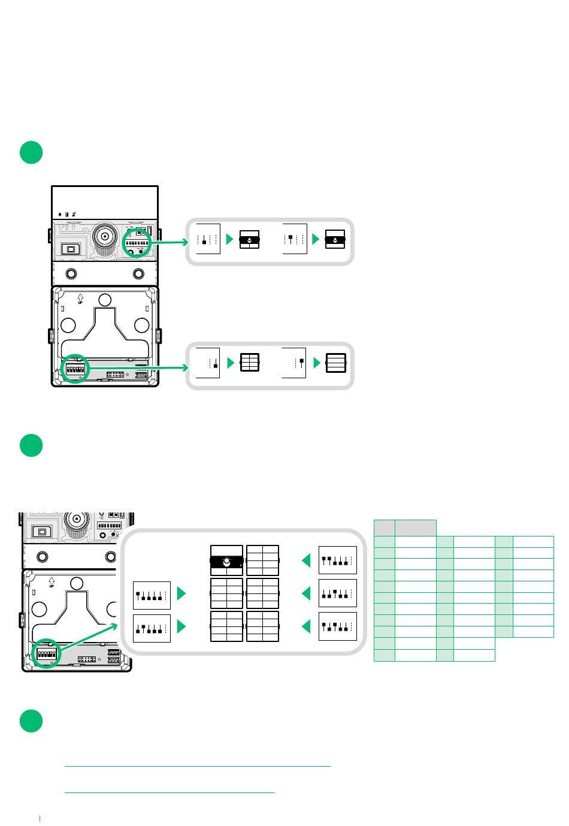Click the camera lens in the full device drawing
(105, 237)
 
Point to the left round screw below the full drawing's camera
(71, 273)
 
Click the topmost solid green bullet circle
(31, 152)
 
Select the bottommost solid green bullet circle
(31, 721)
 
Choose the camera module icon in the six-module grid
(226, 561)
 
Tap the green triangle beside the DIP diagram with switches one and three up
(306, 626)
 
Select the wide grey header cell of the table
(416, 527)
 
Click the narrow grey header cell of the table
(384, 527)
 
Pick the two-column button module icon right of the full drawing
(249, 363)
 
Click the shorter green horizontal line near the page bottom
(169, 792)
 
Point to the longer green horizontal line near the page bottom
(197, 766)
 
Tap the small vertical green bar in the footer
(40, 817)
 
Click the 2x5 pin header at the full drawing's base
(114, 375)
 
